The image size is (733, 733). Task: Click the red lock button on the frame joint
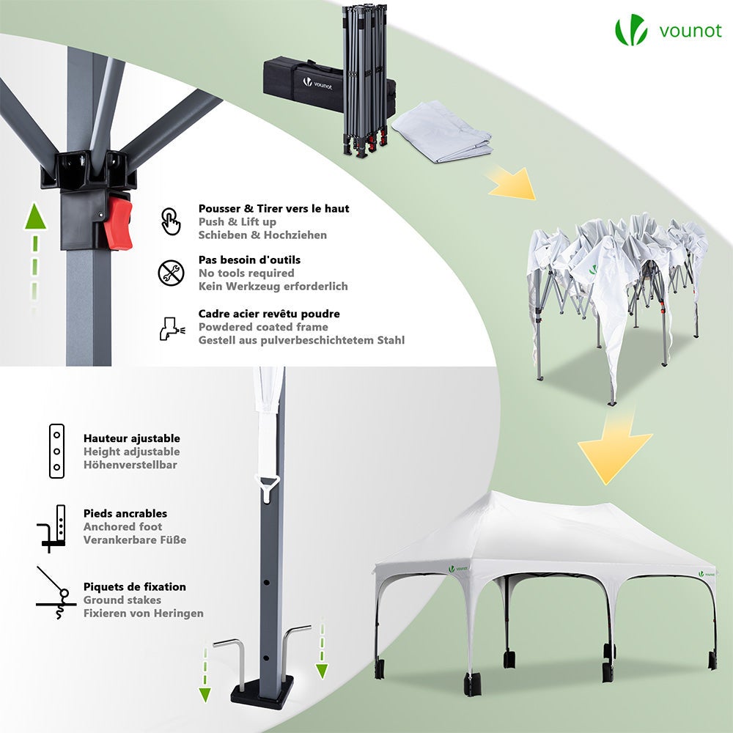118,222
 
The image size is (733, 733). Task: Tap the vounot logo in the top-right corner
668,31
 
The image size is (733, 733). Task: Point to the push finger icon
170,221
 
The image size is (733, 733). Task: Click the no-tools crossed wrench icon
170,273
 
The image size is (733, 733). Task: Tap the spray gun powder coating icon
170,327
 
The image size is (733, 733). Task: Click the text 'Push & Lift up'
237,222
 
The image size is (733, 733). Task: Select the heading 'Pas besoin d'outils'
249,260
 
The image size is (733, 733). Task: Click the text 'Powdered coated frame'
263,327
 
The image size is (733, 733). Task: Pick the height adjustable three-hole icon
56,451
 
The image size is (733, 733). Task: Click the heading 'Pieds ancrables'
125,514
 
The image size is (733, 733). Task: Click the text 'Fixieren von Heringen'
143,614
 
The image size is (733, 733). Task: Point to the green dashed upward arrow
32,249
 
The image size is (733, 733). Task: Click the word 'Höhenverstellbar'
130,465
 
